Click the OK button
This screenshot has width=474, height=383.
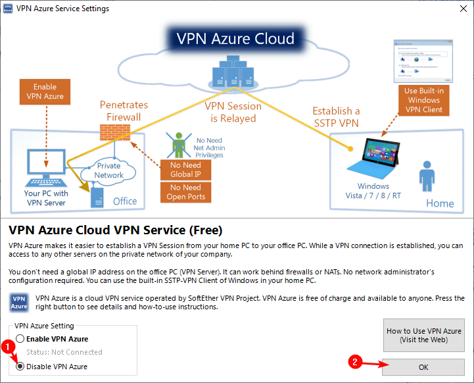click(x=423, y=367)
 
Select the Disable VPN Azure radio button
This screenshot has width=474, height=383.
click(x=20, y=367)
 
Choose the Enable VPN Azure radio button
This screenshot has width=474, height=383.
click(x=20, y=339)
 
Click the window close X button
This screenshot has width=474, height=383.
click(x=459, y=9)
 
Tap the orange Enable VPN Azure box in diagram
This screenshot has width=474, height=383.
click(x=45, y=91)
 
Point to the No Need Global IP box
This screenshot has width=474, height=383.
click(x=186, y=170)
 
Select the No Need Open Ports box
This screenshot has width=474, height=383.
click(x=186, y=192)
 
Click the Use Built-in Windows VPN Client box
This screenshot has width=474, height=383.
click(x=423, y=100)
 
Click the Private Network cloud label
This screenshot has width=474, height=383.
click(x=109, y=170)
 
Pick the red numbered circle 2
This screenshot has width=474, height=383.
click(x=355, y=361)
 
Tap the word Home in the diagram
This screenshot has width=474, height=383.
click(x=440, y=203)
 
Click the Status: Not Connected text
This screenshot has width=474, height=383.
click(x=64, y=352)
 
